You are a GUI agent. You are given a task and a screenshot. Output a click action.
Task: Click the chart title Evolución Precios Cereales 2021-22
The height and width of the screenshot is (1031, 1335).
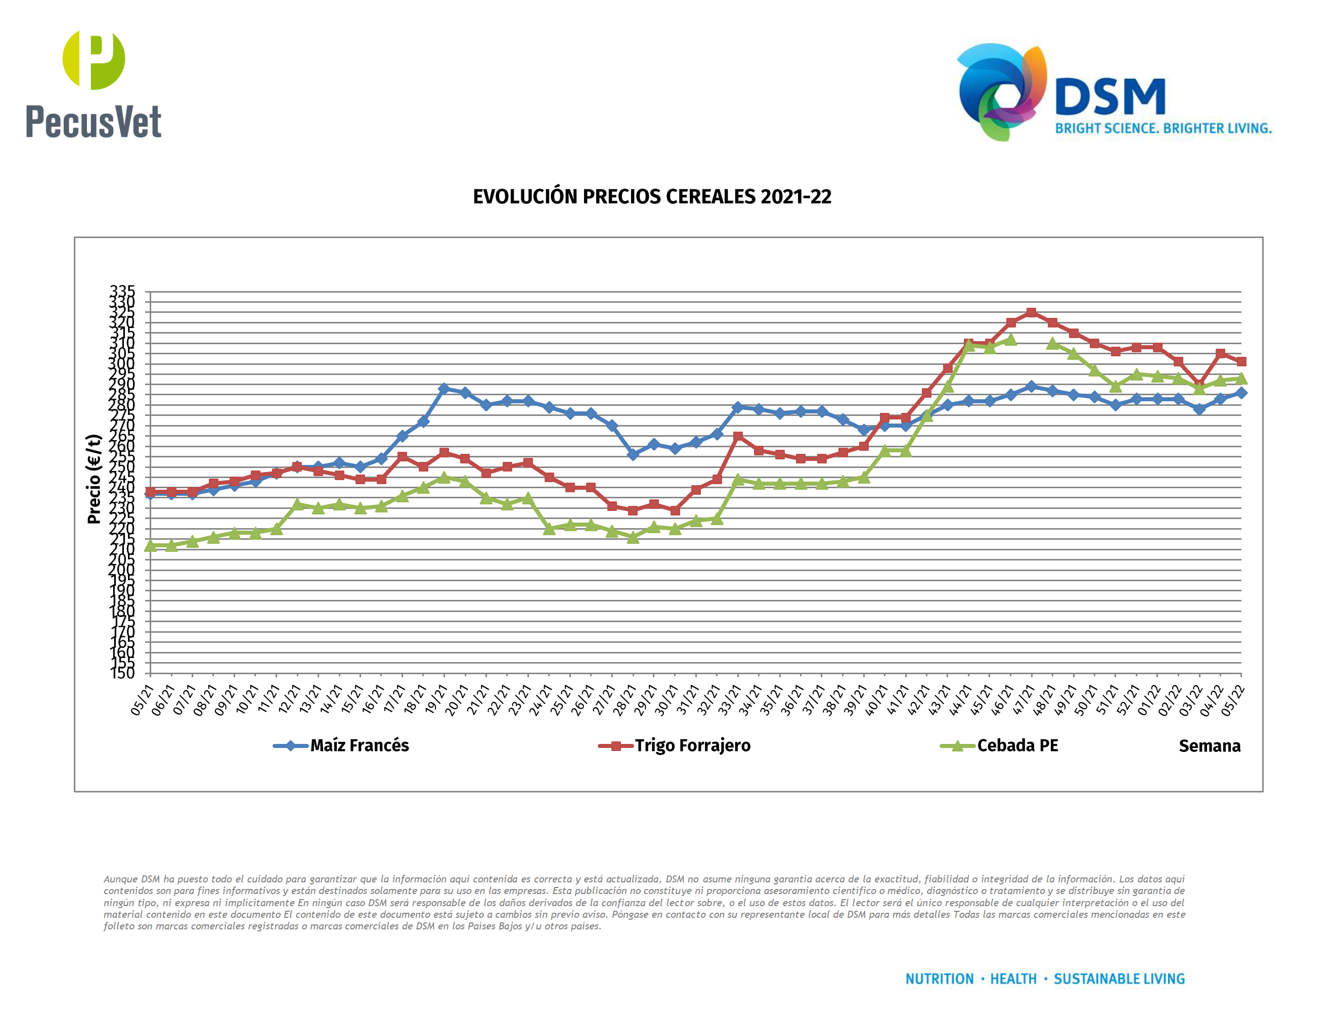pyautogui.click(x=652, y=197)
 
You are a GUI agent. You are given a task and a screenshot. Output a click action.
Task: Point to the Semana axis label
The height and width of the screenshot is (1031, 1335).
pyautogui.click(x=1209, y=746)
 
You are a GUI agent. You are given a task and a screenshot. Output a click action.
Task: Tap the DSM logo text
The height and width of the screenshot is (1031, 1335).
pyautogui.click(x=1110, y=98)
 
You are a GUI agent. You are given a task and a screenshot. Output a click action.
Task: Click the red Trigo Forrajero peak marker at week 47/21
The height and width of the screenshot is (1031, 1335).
pyautogui.click(x=1032, y=313)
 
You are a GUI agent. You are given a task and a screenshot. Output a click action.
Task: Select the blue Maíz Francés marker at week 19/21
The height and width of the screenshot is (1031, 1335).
pyautogui.click(x=444, y=389)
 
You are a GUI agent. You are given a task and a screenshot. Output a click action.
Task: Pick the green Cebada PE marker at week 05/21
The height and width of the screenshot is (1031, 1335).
pyautogui.click(x=150, y=545)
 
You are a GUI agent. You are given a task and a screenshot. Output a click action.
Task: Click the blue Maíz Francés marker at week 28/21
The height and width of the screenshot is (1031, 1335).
pyautogui.click(x=633, y=454)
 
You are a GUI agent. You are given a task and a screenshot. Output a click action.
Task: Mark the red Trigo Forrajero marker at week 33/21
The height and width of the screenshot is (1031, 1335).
pyautogui.click(x=738, y=436)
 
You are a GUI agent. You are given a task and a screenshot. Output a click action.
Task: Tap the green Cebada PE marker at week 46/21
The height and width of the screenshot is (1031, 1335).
pyautogui.click(x=1010, y=340)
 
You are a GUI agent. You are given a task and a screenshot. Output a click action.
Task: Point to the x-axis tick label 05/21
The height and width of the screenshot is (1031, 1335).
pyautogui.click(x=143, y=700)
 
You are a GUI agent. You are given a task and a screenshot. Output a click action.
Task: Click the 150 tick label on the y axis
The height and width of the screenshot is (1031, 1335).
pyautogui.click(x=122, y=673)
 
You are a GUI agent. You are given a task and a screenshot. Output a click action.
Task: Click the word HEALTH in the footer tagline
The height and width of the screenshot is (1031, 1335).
pyautogui.click(x=1013, y=979)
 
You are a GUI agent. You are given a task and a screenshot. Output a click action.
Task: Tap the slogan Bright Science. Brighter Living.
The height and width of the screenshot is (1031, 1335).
pyautogui.click(x=1163, y=128)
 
